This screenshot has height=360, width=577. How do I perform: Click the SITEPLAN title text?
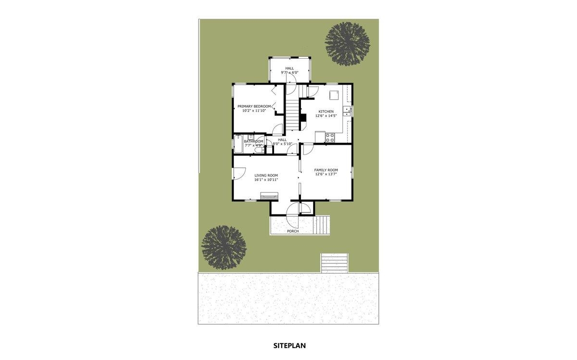click(289, 345)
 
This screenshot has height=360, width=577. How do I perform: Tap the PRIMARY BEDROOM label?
click(254, 106)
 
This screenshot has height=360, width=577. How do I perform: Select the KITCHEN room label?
click(326, 112)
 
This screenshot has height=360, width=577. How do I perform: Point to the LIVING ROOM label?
click(266, 175)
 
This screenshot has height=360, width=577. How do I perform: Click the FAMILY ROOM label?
click(326, 170)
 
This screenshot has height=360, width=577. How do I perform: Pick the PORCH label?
click(292, 231)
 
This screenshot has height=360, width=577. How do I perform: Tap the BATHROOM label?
click(253, 141)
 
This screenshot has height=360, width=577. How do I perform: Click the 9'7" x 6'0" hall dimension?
click(289, 73)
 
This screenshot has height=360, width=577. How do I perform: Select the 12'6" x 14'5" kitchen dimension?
click(326, 116)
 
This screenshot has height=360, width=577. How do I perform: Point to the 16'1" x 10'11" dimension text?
click(266, 180)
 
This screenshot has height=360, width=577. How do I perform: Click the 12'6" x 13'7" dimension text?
click(326, 174)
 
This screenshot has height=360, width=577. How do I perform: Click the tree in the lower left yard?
click(224, 248)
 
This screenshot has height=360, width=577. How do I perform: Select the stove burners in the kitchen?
click(330, 137)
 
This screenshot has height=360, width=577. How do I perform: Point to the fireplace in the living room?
click(269, 196)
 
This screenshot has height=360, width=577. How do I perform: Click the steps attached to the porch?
click(323, 224)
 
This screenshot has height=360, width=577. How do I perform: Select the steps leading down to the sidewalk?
click(335, 263)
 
